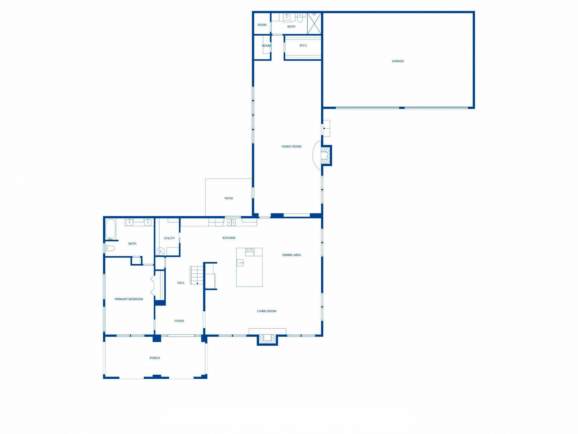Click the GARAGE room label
(398, 61)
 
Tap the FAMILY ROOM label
(291, 146)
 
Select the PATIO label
(229, 198)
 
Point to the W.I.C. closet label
(303, 45)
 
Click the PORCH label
(155, 358)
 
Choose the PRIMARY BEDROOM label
(129, 299)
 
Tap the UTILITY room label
(169, 238)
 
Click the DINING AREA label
(292, 255)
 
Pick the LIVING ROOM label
(266, 311)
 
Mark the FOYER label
(179, 321)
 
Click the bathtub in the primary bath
(111, 229)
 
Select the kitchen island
(249, 267)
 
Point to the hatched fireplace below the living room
(267, 339)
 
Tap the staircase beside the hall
(197, 275)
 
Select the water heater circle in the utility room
(161, 251)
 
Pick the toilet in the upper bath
(300, 18)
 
